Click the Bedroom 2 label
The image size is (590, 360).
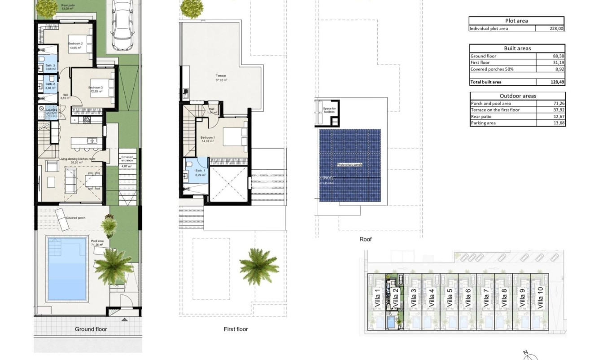[75, 44]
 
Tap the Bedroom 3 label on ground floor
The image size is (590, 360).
[95, 88]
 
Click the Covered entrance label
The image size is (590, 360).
[127, 158]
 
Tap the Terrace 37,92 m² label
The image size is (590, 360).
[221, 76]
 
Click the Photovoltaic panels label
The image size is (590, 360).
[350, 165]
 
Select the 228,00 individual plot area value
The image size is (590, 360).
[556, 29]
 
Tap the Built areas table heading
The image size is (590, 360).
[517, 48]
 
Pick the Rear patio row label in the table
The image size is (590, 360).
[481, 117]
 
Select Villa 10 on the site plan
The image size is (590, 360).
[540, 298]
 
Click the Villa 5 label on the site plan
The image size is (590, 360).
[450, 298]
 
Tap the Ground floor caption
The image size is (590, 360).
[91, 329]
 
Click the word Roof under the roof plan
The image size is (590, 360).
[366, 239]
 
